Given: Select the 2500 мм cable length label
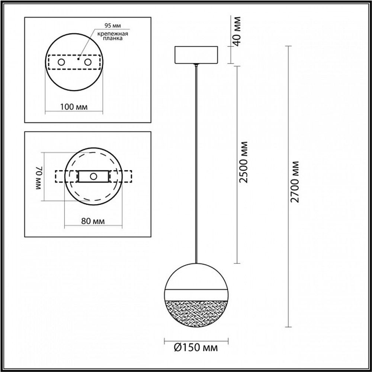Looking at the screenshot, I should click(x=244, y=163).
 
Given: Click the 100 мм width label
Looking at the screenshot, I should click(x=74, y=107).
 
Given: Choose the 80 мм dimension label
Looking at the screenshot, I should click(x=92, y=221).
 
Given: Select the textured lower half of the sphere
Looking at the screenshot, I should click(x=196, y=311).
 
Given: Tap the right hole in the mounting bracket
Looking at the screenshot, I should click(x=88, y=62).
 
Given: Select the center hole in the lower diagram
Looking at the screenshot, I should click(x=94, y=176).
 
